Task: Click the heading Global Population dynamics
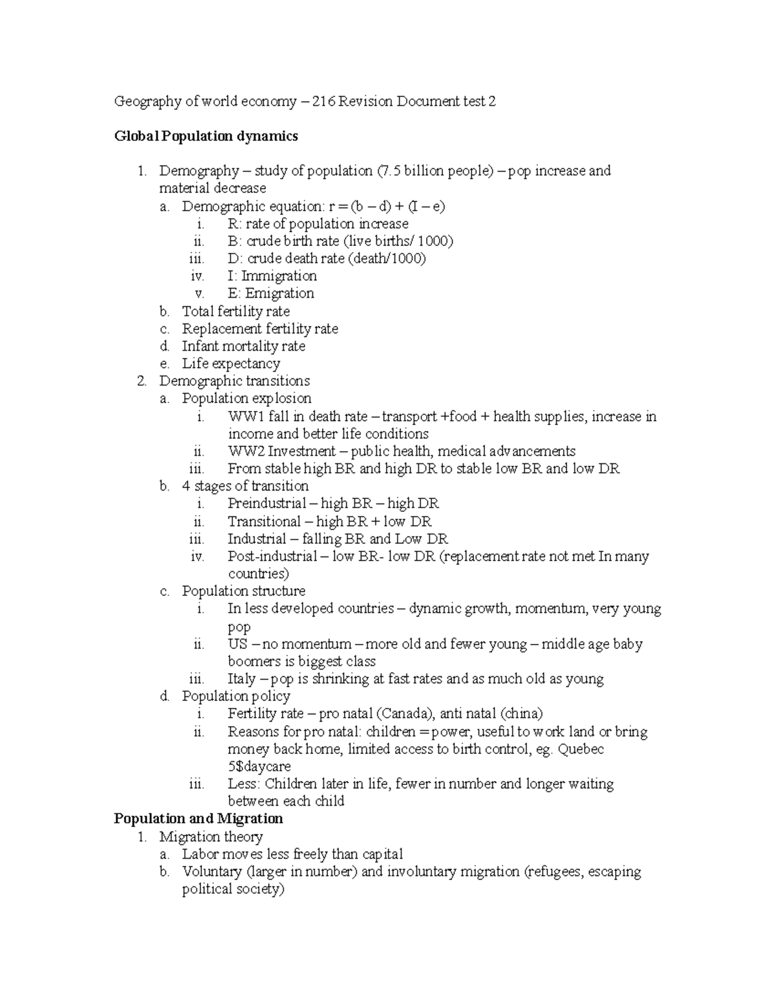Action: coord(206,136)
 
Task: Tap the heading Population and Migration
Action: coord(198,819)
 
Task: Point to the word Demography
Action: coord(199,171)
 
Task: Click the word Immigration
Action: coord(279,276)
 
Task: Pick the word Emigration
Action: coord(279,294)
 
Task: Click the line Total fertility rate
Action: coord(235,311)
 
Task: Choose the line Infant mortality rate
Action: coord(243,346)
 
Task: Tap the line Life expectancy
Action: coord(231,364)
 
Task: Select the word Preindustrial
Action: coord(266,503)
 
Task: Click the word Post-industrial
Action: coord(272,557)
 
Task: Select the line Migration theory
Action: coord(211,837)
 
